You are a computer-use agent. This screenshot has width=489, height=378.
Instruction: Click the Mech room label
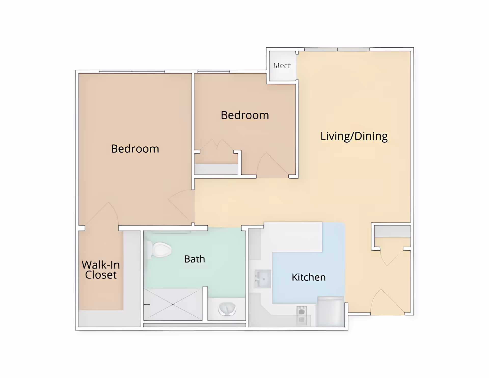(282, 66)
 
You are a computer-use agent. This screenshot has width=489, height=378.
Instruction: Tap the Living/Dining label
(354, 136)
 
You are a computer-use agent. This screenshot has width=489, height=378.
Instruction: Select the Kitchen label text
(308, 277)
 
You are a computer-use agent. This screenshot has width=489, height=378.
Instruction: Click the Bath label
(195, 259)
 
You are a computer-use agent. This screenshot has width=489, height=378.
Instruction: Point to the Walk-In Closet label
(101, 270)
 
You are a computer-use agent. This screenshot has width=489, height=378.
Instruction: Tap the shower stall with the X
(173, 304)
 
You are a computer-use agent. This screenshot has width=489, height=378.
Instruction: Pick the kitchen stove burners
(301, 315)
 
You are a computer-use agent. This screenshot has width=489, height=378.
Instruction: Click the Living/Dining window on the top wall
(337, 49)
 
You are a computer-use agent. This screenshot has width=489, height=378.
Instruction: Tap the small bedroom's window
(214, 72)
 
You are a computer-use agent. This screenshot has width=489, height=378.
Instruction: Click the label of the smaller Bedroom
(245, 115)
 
